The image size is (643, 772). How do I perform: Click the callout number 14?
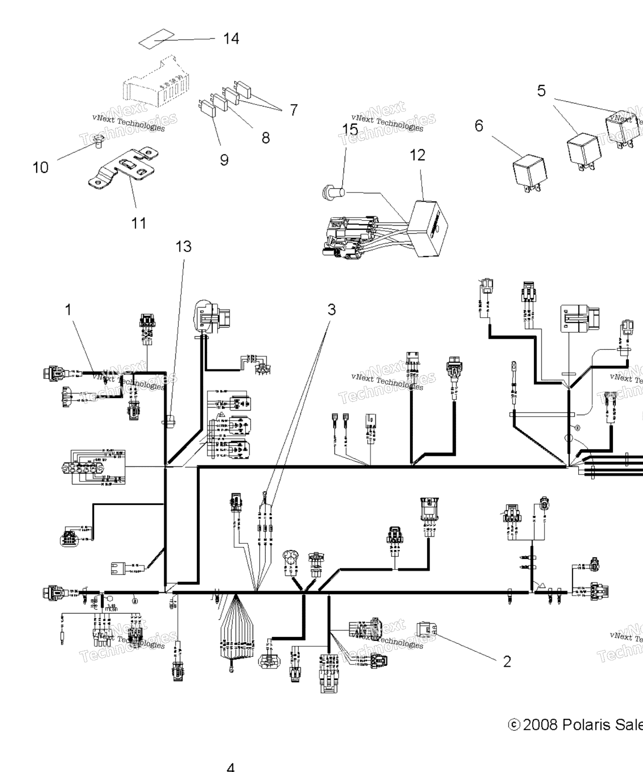231,39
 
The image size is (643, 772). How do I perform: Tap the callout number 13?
183,247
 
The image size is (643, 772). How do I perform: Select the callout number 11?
139,223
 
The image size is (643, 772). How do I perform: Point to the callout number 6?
479,126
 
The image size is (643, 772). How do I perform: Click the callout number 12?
417,155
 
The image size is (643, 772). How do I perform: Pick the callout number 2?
507,661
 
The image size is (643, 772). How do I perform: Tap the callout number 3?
332,310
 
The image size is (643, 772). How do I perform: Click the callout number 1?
69,310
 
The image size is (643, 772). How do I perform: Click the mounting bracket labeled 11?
123,168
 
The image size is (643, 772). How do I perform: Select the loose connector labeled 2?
426,629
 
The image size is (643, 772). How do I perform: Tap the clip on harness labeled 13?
169,419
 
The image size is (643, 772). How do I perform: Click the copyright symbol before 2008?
513,724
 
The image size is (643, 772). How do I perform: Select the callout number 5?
541,91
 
